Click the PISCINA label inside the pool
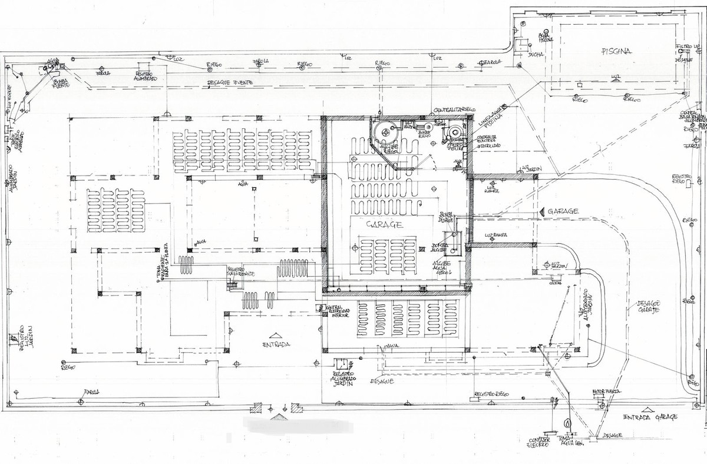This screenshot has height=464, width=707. pyautogui.click(x=616, y=51)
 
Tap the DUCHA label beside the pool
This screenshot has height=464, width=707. pyautogui.click(x=536, y=54)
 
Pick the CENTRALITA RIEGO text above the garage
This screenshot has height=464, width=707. pyautogui.click(x=455, y=110)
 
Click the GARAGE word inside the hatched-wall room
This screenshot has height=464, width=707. pyautogui.click(x=384, y=225)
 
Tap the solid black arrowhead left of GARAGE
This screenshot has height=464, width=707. pyautogui.click(x=541, y=211)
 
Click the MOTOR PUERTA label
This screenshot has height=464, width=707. pyautogui.click(x=606, y=392)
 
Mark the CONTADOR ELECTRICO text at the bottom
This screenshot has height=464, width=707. pyautogui.click(x=538, y=442)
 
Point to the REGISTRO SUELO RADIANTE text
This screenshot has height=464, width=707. pyautogui.click(x=240, y=274)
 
